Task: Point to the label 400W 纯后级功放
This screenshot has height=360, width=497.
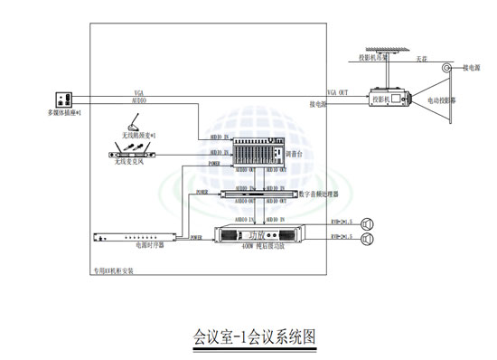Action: coord(263,246)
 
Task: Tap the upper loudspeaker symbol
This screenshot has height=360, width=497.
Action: coord(368,223)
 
